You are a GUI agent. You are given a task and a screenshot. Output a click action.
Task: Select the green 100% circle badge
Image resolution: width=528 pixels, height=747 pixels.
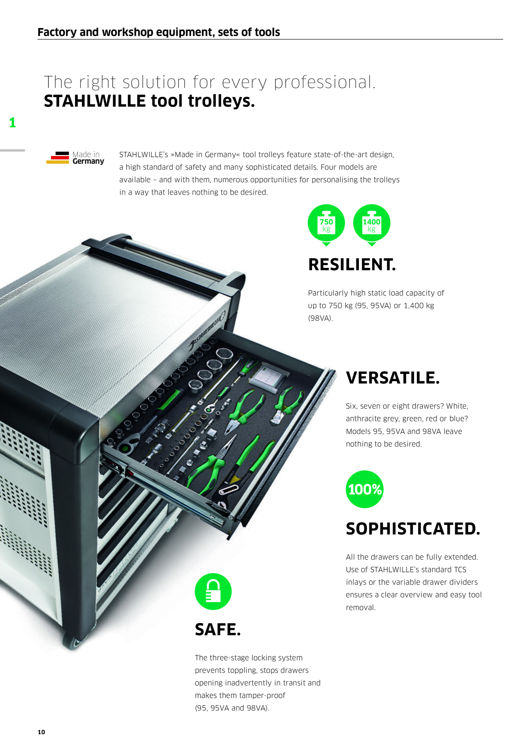click(364, 489)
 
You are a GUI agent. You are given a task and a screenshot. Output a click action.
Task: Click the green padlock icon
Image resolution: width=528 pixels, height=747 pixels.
click(213, 592)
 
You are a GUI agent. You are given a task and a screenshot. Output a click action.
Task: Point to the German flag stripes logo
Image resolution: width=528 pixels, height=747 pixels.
click(57, 158)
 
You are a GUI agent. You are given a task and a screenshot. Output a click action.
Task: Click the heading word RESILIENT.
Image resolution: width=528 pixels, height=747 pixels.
click(352, 264)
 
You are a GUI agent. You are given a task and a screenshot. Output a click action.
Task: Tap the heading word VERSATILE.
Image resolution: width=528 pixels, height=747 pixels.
click(393, 378)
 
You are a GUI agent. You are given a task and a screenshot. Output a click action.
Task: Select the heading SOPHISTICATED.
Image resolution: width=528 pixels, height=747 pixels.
click(413, 529)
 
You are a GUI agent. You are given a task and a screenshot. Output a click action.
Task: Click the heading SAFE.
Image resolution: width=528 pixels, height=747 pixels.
click(218, 629)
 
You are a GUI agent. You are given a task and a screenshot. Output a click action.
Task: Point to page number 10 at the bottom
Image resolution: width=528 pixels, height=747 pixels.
click(41, 732)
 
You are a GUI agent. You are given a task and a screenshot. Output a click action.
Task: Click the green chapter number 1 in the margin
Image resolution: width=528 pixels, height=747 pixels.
click(12, 123)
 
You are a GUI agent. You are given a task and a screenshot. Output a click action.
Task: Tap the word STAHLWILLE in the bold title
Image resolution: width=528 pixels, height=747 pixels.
click(95, 101)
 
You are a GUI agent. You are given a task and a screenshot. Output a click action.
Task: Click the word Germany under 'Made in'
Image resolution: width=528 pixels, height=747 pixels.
click(88, 161)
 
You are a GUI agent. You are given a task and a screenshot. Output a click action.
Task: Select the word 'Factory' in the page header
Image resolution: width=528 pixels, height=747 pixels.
click(57, 32)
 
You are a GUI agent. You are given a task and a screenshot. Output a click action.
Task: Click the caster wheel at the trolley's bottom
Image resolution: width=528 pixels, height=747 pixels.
click(72, 641)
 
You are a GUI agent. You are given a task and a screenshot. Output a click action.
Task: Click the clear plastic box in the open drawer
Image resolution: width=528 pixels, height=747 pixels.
click(269, 376)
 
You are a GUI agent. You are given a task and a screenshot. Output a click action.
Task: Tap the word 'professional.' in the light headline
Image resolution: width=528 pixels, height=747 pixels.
click(325, 82)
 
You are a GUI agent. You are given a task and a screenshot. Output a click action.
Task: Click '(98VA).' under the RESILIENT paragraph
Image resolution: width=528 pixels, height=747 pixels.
click(320, 318)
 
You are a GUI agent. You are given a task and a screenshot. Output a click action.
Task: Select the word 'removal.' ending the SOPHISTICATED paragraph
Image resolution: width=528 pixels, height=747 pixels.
click(361, 607)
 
